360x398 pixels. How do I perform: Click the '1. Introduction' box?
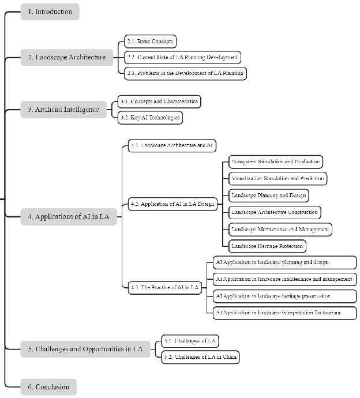point(50,12)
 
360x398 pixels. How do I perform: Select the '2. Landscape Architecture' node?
point(66,57)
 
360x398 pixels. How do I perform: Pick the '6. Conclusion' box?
point(48,387)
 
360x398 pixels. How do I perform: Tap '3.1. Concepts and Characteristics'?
point(159,102)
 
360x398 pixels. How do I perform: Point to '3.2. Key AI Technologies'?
point(150,118)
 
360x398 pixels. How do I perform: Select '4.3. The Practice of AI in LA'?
point(164,287)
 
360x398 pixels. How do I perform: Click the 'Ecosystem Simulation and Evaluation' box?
point(275,162)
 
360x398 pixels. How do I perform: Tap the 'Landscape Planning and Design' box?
point(268,195)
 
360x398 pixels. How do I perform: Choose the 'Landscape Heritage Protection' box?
point(266,246)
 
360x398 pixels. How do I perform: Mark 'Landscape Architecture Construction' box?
point(273,212)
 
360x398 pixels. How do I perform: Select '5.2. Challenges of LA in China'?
point(200,358)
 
